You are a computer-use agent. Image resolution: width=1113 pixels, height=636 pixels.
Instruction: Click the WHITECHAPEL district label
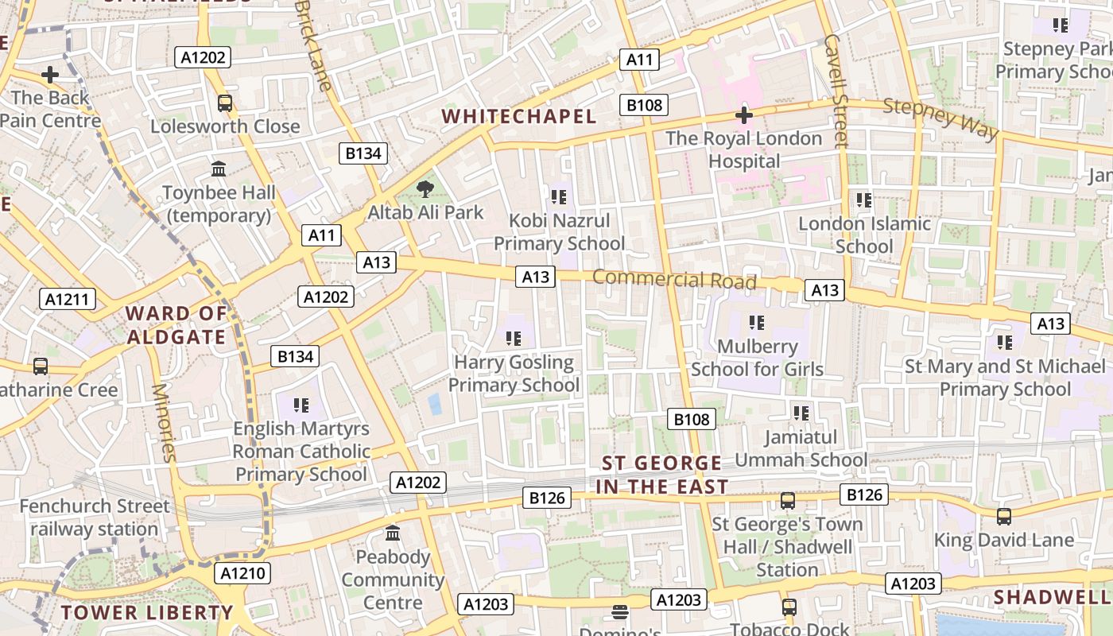(518, 116)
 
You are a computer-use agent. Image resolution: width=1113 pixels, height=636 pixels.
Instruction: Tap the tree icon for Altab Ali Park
(425, 189)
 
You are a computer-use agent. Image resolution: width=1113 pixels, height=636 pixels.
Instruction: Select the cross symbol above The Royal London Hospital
(744, 115)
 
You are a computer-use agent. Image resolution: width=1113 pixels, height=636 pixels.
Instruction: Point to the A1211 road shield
(68, 299)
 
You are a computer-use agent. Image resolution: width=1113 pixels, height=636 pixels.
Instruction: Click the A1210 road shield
(242, 573)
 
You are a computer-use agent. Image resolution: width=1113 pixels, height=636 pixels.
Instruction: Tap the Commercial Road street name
(674, 279)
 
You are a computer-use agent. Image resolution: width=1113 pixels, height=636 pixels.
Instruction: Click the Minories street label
(163, 422)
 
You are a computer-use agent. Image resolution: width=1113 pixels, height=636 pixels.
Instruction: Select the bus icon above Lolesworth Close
(225, 103)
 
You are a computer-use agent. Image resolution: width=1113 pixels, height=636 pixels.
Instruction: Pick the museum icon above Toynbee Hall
(219, 169)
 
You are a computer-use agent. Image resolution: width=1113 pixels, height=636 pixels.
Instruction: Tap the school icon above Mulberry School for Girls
(756, 323)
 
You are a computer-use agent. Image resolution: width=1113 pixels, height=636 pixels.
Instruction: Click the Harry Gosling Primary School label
(514, 374)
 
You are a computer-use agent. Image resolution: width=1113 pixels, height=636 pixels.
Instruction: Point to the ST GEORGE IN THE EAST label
(661, 475)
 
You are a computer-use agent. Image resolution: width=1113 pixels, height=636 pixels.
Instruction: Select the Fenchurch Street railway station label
(95, 518)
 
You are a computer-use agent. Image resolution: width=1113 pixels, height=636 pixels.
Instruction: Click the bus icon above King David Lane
(1003, 517)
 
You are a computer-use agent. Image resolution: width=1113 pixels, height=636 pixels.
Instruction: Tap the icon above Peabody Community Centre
(392, 533)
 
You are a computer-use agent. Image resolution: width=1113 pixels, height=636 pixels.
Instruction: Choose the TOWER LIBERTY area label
(147, 612)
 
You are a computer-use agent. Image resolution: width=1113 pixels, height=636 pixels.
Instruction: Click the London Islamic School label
(864, 235)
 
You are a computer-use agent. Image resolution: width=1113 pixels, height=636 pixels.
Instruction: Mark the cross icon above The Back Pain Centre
(50, 76)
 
